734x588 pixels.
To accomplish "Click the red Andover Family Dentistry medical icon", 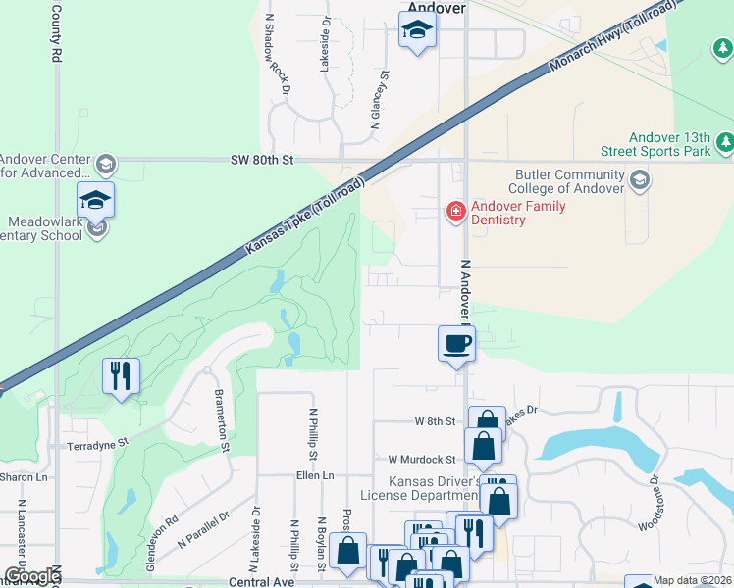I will click(x=455, y=211).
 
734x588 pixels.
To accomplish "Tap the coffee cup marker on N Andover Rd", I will click(x=455, y=345).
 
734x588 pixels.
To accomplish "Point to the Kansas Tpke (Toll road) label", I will click(x=306, y=217).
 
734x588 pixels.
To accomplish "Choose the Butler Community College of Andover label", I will click(x=568, y=181).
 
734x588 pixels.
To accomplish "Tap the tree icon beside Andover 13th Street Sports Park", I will click(x=725, y=144).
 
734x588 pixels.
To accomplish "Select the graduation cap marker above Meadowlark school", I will click(x=95, y=200).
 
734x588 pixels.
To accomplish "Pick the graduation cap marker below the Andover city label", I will click(x=417, y=30).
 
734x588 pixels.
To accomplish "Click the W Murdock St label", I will click(x=422, y=459).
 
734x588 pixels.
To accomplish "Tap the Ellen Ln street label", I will click(x=315, y=475).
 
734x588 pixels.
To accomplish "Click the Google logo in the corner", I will click(x=32, y=576).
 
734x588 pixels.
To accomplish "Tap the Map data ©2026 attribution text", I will click(x=692, y=580).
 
